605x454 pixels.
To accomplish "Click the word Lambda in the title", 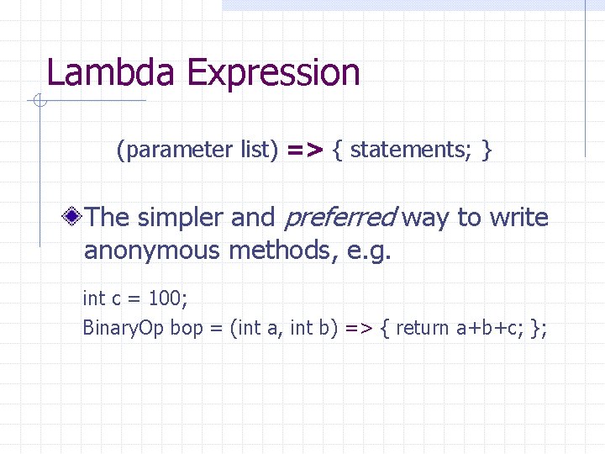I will (x=113, y=72).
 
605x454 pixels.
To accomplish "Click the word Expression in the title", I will (x=273, y=74).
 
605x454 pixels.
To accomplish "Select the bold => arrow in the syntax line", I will (x=305, y=150).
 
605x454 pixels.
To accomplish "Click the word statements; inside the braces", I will (x=409, y=150).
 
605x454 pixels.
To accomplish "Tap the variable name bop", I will (x=187, y=328).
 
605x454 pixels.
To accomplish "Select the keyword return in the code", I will (x=422, y=328).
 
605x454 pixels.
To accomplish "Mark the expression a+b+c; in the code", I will (x=491, y=328).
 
